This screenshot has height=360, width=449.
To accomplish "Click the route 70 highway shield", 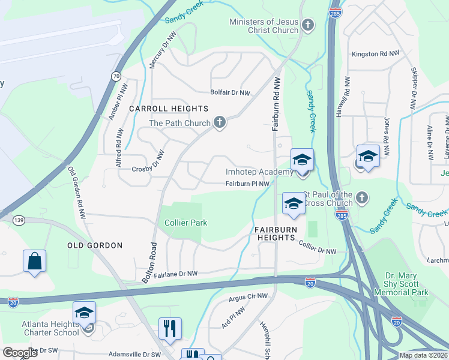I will pyautogui.click(x=115, y=76).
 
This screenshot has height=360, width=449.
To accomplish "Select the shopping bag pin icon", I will pyautogui.click(x=35, y=262).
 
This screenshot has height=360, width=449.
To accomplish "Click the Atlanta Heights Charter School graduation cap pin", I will pyautogui.click(x=85, y=313).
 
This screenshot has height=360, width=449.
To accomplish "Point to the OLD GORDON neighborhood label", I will pyautogui.click(x=95, y=245).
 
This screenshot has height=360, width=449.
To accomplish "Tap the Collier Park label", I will pyautogui.click(x=186, y=223).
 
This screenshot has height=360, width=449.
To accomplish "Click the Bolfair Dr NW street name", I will pyautogui.click(x=230, y=92).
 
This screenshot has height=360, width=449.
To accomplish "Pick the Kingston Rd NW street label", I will pyautogui.click(x=376, y=54).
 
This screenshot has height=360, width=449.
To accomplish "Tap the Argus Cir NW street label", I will pyautogui.click(x=249, y=297).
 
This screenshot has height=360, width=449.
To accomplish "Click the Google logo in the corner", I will pyautogui.click(x=20, y=353).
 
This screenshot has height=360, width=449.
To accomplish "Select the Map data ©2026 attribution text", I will pyautogui.click(x=423, y=355).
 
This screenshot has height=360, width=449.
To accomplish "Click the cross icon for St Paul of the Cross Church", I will pyautogui.click(x=361, y=197).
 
